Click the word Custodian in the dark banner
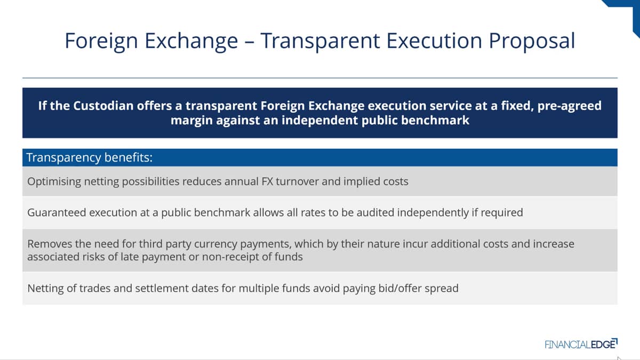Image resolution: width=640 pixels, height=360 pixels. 103,106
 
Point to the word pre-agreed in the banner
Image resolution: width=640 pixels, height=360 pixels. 570,106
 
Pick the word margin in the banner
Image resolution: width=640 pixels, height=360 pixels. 191,121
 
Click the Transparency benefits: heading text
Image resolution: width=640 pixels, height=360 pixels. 90,158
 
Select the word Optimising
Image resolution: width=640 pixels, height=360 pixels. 54,182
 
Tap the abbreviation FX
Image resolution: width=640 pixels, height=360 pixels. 267,181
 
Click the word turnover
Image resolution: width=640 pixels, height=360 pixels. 297,181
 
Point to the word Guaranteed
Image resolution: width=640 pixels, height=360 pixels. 57,213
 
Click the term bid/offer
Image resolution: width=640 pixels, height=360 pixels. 399,289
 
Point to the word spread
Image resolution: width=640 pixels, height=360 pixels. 442,289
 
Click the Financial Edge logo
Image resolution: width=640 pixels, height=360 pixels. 581,344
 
